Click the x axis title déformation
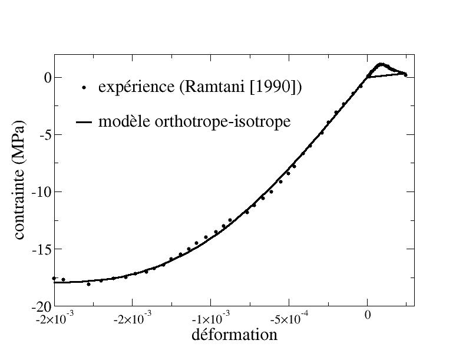(x=234, y=335)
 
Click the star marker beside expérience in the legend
(x=84, y=88)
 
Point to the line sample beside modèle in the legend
(x=84, y=123)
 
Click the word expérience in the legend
(x=134, y=88)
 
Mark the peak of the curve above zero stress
(x=381, y=64)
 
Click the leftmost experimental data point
(x=54, y=278)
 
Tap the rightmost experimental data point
(x=405, y=75)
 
